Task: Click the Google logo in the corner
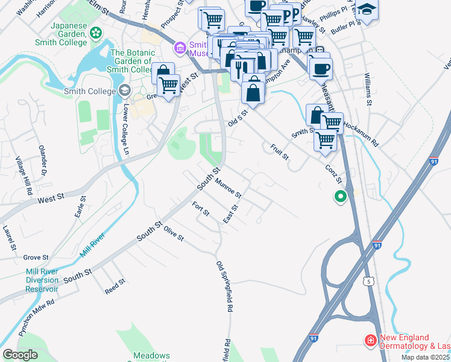click(x=20, y=355)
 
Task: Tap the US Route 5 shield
click(x=370, y=282)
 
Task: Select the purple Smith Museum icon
click(x=180, y=48)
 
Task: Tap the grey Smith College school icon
click(x=125, y=92)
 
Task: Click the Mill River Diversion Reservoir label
click(x=42, y=280)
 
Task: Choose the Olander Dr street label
click(x=43, y=159)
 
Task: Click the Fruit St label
click(x=280, y=151)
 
